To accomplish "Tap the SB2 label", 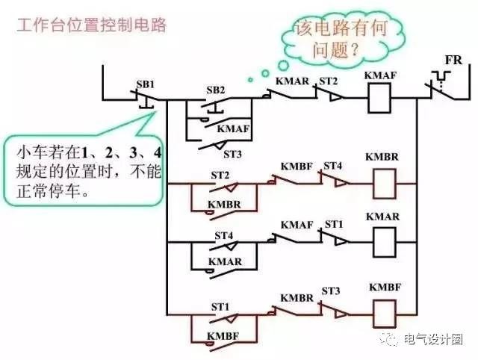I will pos(215,90).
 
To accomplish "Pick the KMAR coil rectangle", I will pos(383,240).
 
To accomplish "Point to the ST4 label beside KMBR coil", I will pos(332,164).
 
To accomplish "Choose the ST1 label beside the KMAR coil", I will pos(334,225).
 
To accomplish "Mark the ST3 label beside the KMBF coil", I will pos(332,291).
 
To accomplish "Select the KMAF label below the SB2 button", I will pos(232,128).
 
